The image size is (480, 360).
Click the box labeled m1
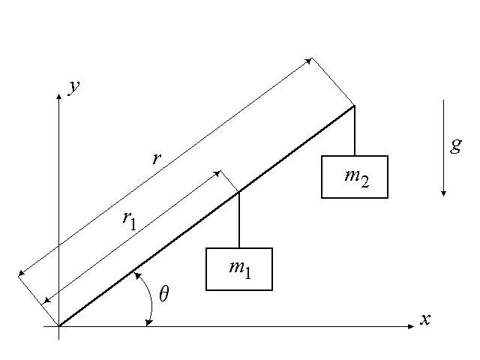point(239,268)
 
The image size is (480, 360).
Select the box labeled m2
point(355,177)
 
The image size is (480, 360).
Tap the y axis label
point(74,87)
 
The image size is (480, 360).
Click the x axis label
point(425,319)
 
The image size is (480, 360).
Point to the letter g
point(455,145)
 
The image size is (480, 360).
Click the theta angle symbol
point(164,294)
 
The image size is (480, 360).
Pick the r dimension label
point(156,158)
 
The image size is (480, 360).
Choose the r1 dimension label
point(129,219)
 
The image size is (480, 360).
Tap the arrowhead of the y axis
point(58,95)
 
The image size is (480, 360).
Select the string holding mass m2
point(355,131)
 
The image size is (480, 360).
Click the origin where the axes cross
point(58,326)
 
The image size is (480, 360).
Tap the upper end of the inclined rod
point(354,106)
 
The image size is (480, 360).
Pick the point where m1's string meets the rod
point(239,193)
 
